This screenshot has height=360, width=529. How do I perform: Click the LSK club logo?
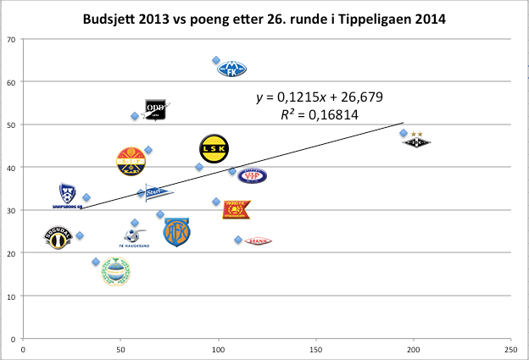click(x=214, y=149)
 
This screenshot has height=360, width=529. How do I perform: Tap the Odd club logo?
click(x=154, y=110)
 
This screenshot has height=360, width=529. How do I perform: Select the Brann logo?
click(x=258, y=241)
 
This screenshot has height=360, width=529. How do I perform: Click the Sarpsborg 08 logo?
click(x=67, y=196)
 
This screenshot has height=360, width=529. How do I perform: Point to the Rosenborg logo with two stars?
click(x=417, y=141)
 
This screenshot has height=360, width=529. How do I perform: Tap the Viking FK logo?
click(x=237, y=209)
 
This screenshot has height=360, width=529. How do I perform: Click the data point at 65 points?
click(x=216, y=61)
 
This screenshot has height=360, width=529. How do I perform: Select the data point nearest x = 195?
click(x=404, y=133)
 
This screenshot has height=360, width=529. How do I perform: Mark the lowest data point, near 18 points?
click(x=96, y=262)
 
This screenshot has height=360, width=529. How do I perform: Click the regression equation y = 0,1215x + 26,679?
click(x=320, y=97)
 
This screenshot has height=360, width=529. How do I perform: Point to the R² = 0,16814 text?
click(x=320, y=113)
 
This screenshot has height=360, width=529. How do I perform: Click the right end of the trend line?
click(x=404, y=123)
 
